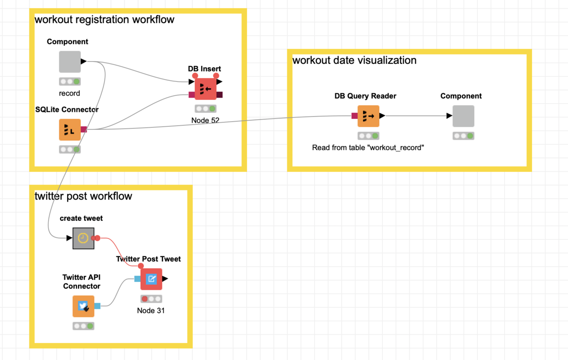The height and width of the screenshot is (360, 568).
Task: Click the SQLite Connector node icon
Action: point(70,130)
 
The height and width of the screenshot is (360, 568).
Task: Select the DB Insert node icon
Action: point(205,89)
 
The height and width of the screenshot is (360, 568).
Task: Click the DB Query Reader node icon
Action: point(368,116)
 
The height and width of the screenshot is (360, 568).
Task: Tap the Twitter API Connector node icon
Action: point(83,306)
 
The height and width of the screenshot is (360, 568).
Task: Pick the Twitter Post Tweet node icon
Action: point(151,279)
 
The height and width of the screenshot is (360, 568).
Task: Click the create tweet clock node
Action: point(83,238)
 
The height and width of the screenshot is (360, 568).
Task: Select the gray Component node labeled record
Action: point(70,62)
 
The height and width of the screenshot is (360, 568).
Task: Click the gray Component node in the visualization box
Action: point(463,116)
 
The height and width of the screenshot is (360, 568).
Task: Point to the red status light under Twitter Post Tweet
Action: point(145,299)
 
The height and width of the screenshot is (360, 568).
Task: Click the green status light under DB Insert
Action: point(212,109)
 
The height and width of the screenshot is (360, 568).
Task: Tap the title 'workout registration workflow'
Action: point(105,19)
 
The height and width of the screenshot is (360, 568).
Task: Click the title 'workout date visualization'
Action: point(355,60)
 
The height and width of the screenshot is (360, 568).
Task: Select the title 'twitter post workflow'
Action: point(83,196)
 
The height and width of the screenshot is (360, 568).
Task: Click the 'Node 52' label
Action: point(205,120)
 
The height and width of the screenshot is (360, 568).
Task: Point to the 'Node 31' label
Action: point(151,311)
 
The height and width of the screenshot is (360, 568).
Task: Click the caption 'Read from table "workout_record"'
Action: point(368,148)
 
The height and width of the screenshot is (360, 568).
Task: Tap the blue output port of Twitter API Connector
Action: point(98,306)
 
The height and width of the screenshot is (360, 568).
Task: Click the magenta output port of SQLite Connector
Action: point(84,129)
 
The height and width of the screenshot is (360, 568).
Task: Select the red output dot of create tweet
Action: point(98,238)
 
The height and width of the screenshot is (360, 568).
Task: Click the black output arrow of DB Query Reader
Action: point(382,116)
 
